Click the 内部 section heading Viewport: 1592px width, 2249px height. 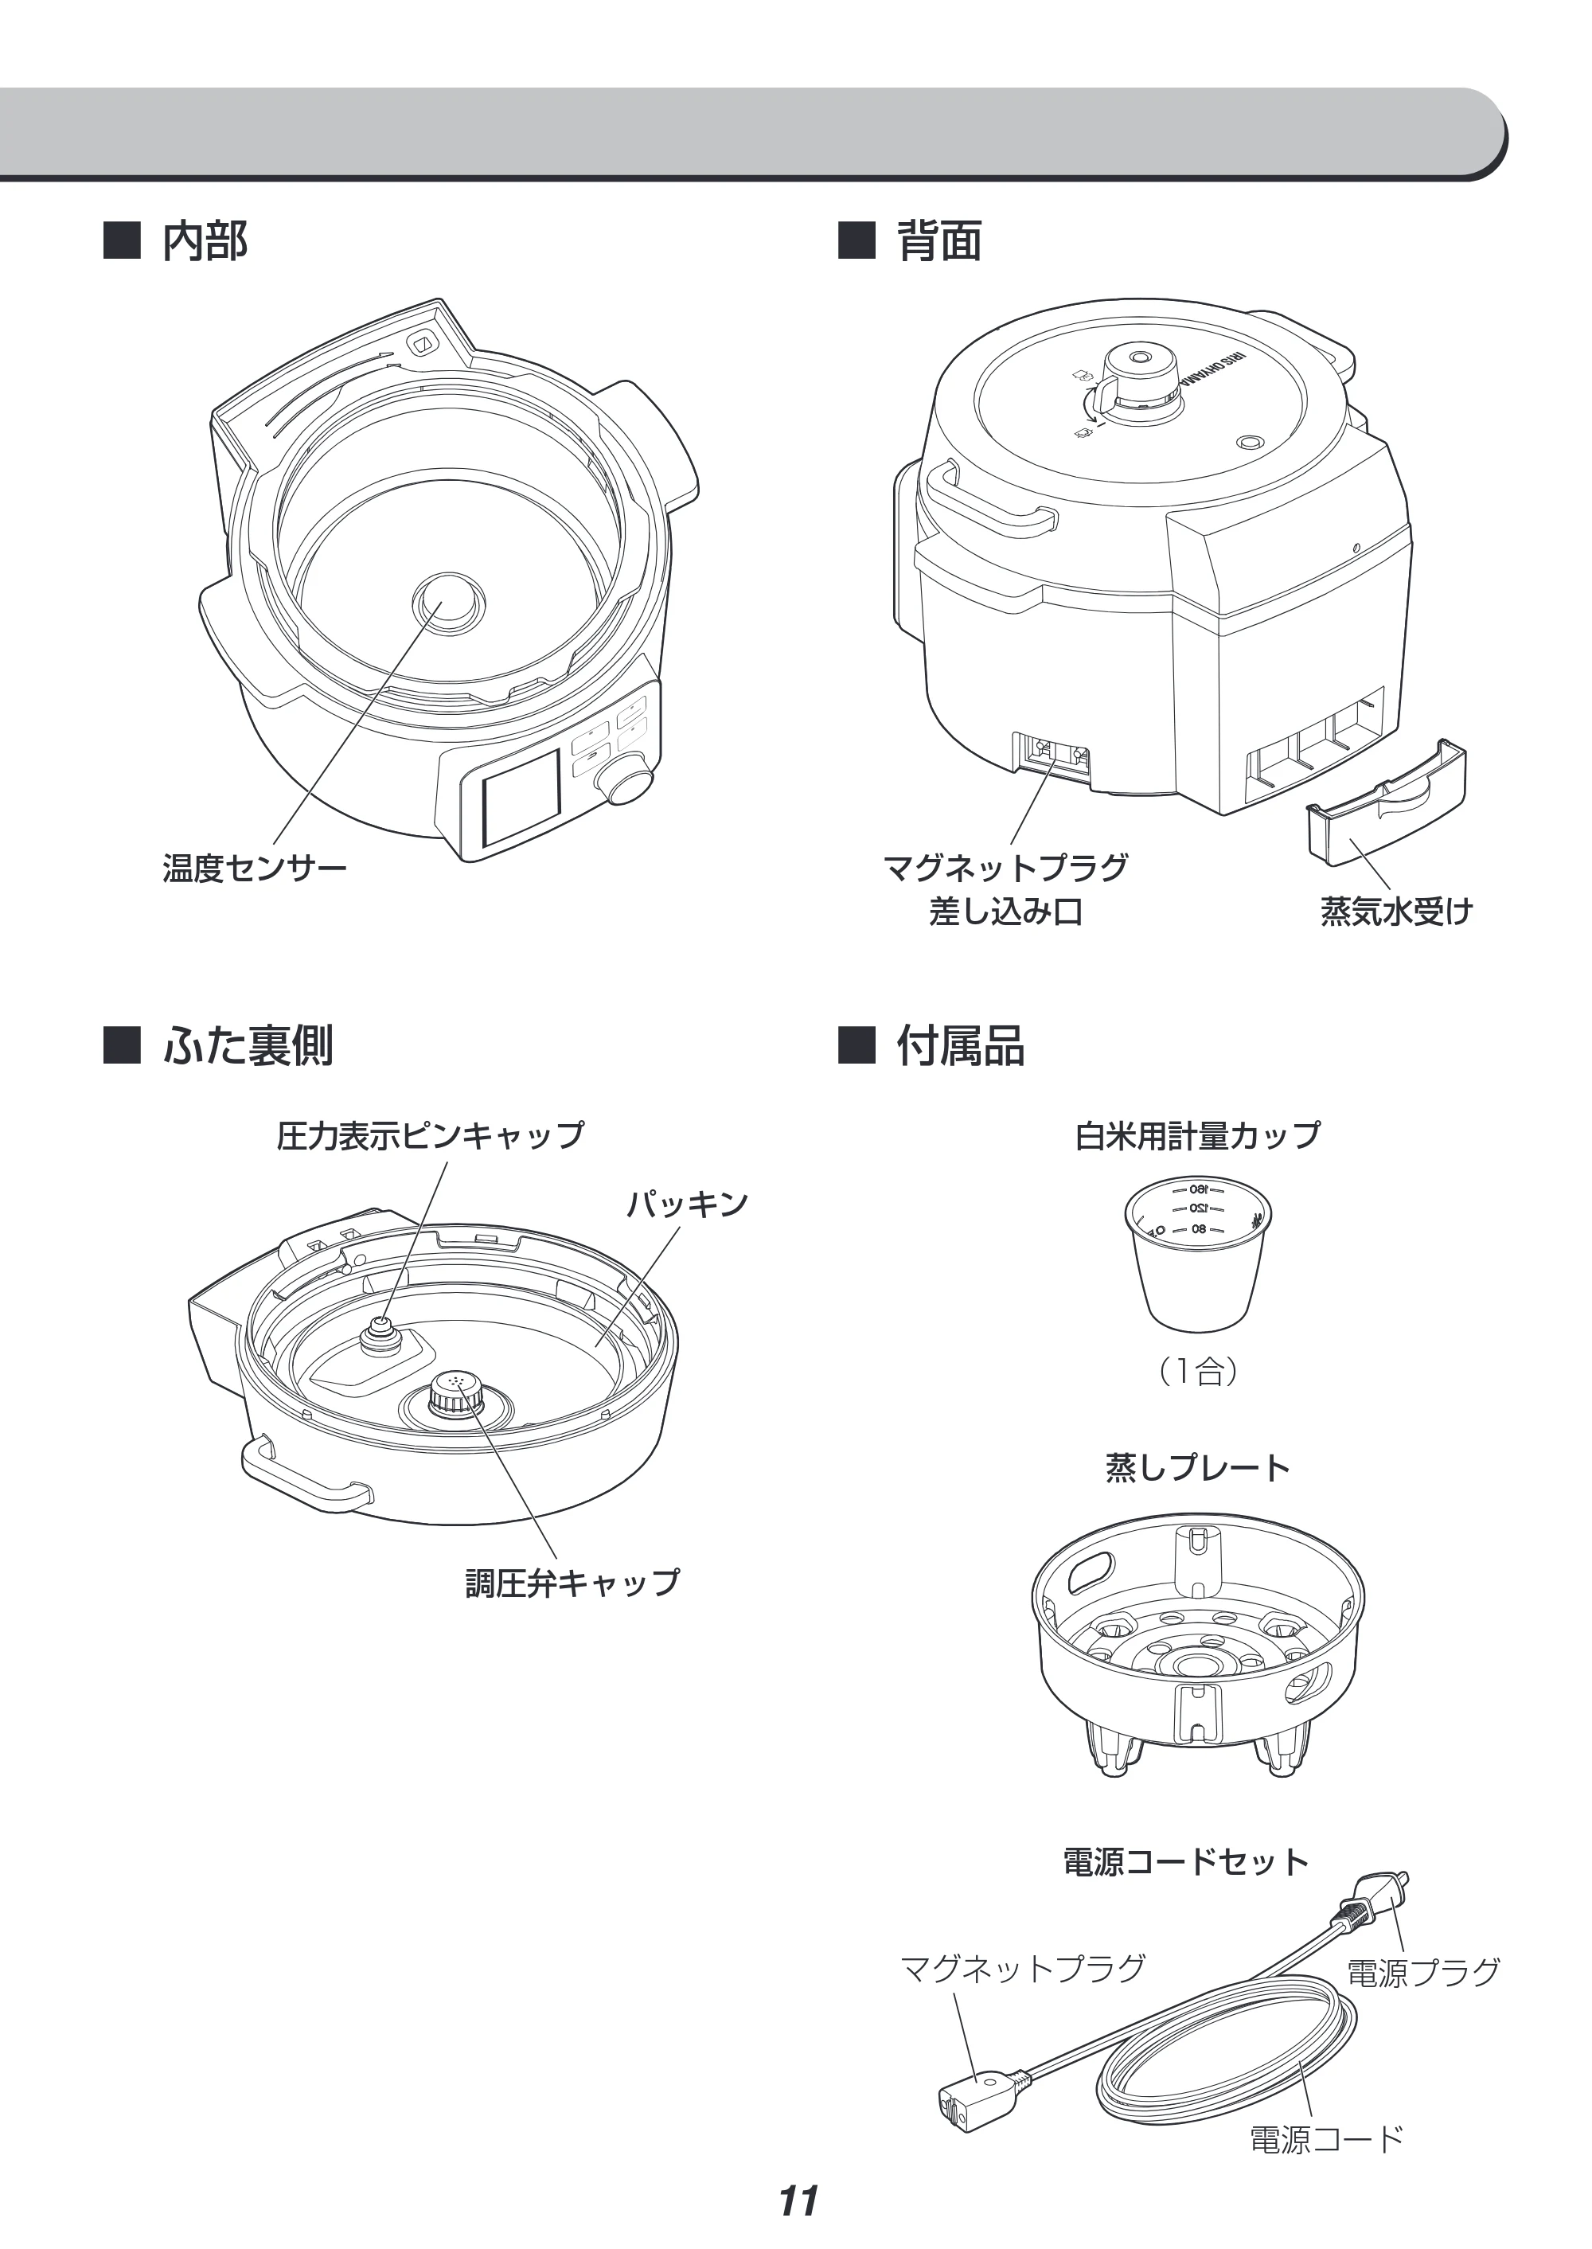tap(205, 241)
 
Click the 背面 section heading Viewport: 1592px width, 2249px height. tap(939, 241)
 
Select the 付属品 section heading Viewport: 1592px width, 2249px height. tap(961, 1046)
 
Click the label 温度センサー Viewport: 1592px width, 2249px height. tap(255, 869)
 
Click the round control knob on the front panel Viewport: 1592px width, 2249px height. tap(626, 779)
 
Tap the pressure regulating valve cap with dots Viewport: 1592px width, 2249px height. tap(452, 1390)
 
